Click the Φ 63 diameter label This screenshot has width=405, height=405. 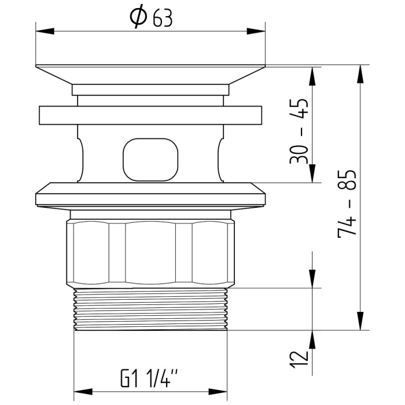pos(151,18)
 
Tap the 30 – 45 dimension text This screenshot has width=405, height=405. pos(299,131)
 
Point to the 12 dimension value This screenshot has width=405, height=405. pos(299,359)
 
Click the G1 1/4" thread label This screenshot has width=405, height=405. pos(149,378)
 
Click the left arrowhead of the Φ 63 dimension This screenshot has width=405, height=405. pos(45,31)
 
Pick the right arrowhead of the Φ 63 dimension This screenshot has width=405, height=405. pos(256,31)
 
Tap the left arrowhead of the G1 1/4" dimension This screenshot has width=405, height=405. pos(83,392)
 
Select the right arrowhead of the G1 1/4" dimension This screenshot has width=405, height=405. pos(218,392)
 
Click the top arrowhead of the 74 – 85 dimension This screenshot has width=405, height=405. pos(360,74)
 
